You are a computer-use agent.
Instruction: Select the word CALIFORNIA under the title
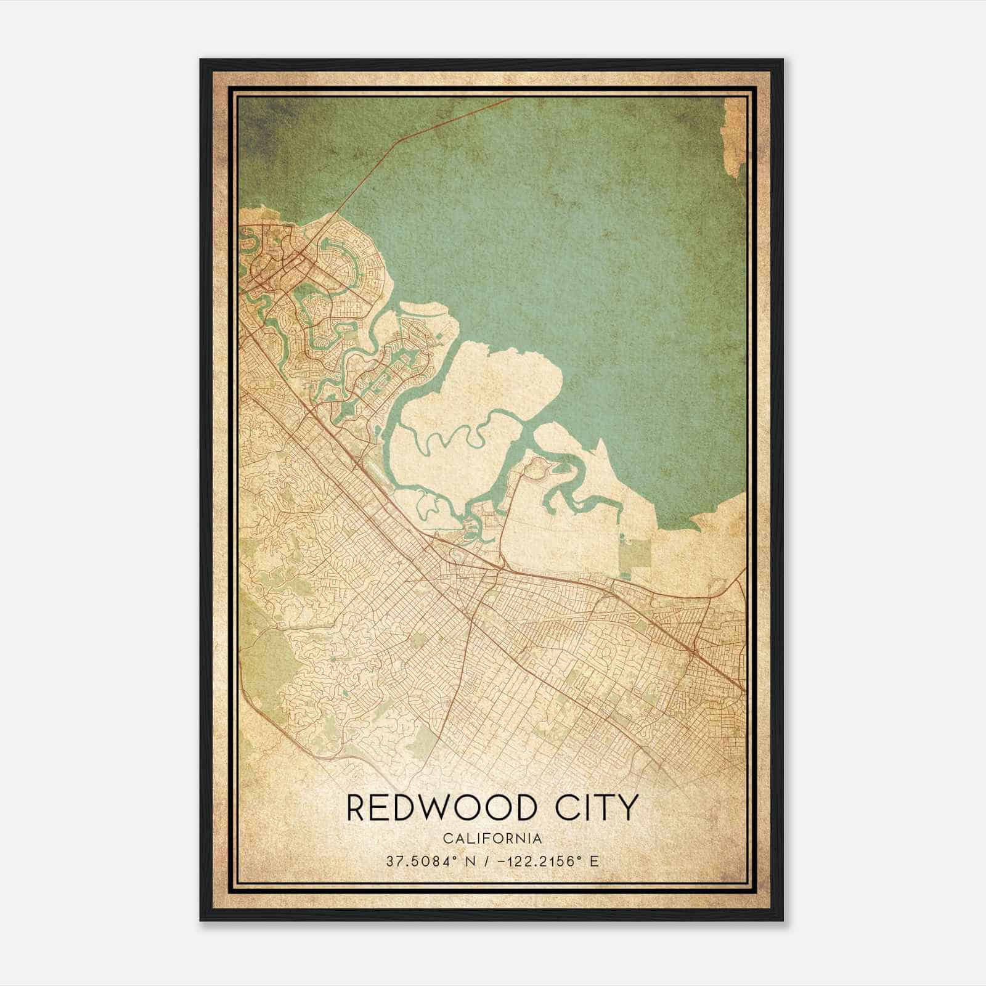pos(492,839)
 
